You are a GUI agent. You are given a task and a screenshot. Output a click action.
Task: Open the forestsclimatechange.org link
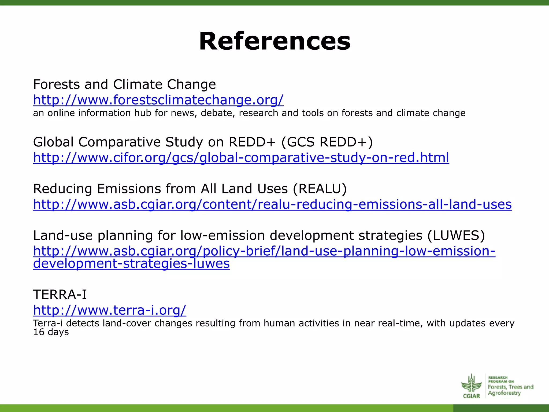pyautogui.click(x=158, y=100)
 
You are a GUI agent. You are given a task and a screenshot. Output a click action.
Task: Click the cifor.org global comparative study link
pyautogui.click(x=241, y=158)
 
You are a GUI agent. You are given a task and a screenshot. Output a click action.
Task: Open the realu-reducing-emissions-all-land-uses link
pyautogui.click(x=272, y=204)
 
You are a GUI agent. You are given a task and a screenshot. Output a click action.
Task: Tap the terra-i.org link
pyautogui.click(x=109, y=310)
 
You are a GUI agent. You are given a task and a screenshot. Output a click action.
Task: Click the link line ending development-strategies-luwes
pyautogui.click(x=131, y=264)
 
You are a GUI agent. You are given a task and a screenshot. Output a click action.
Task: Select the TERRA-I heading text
pyautogui.click(x=60, y=295)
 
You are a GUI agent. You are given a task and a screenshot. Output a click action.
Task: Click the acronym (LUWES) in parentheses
pyautogui.click(x=456, y=236)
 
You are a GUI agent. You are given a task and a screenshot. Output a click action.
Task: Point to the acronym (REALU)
pyautogui.click(x=320, y=189)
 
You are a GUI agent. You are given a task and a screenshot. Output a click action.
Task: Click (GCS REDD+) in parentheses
pyautogui.click(x=327, y=142)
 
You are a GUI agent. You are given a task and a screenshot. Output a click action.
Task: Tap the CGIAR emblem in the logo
pyautogui.click(x=471, y=386)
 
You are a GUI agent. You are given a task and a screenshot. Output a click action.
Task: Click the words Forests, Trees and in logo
pyautogui.click(x=510, y=387)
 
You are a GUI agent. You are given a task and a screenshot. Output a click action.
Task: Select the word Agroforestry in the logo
pyautogui.click(x=504, y=393)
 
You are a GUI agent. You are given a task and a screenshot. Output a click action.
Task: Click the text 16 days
pyautogui.click(x=51, y=332)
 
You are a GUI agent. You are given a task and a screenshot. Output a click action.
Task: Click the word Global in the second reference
pyautogui.click(x=53, y=142)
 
